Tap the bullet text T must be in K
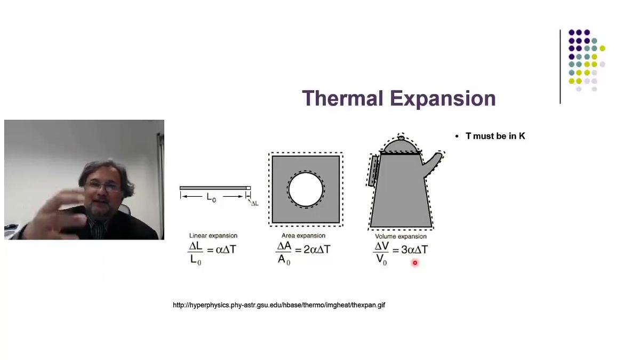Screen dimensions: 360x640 pos(495,136)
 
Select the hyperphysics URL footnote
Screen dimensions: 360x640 pos(279,305)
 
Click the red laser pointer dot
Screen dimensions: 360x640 pos(414,262)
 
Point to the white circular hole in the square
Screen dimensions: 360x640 pos(306,189)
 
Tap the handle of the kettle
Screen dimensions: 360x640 pos(374,170)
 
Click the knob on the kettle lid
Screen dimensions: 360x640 pos(401,138)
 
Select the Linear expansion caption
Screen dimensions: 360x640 pos(213,236)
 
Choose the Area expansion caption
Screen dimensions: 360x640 pos(303,236)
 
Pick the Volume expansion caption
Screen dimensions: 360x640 pos(401,236)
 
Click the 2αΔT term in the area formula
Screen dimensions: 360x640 pos(317,249)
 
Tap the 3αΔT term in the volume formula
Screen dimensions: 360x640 pos(414,249)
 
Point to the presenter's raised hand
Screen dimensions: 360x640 pos(59,211)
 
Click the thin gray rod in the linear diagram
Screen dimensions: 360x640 pos(213,188)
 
